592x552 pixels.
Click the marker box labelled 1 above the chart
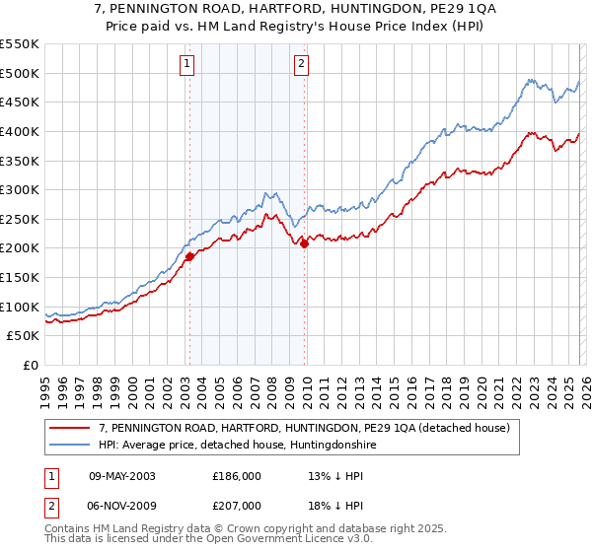(x=187, y=65)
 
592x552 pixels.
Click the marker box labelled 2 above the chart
(x=302, y=65)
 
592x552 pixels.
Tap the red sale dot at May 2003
(x=189, y=256)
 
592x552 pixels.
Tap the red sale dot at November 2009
(x=304, y=244)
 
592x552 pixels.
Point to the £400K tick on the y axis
(x=19, y=131)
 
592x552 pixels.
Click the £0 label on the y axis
(x=29, y=366)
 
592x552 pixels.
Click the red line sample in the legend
(x=68, y=428)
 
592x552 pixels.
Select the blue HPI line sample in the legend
(x=68, y=446)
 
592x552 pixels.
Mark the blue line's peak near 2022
(x=530, y=80)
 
